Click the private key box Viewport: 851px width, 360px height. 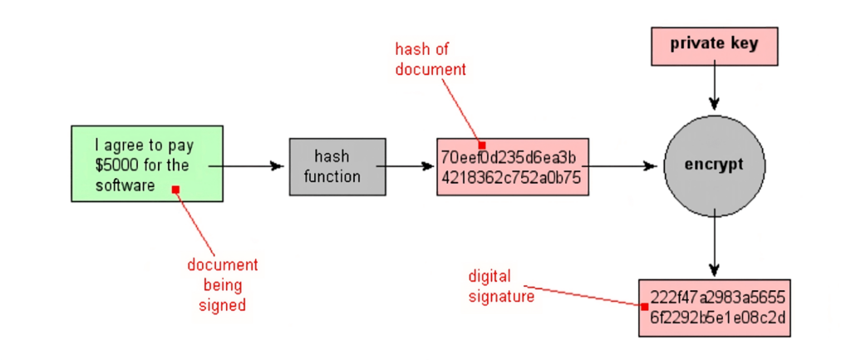click(714, 46)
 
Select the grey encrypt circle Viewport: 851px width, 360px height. click(713, 165)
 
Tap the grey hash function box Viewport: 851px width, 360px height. click(337, 166)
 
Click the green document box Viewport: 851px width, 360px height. click(147, 164)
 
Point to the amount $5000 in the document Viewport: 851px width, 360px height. click(117, 165)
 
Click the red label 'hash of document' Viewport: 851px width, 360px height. click(430, 60)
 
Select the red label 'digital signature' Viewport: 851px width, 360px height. click(501, 286)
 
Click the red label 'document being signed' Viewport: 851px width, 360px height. click(222, 284)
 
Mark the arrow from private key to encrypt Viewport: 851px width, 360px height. click(713, 88)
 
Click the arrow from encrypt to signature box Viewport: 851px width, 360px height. click(713, 249)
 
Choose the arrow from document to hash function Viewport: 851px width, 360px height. click(249, 165)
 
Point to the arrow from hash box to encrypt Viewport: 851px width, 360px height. click(619, 165)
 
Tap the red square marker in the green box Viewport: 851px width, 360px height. click(175, 190)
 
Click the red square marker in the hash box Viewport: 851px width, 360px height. click(482, 145)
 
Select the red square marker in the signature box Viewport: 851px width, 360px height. click(644, 307)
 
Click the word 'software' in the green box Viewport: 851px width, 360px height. click(125, 185)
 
